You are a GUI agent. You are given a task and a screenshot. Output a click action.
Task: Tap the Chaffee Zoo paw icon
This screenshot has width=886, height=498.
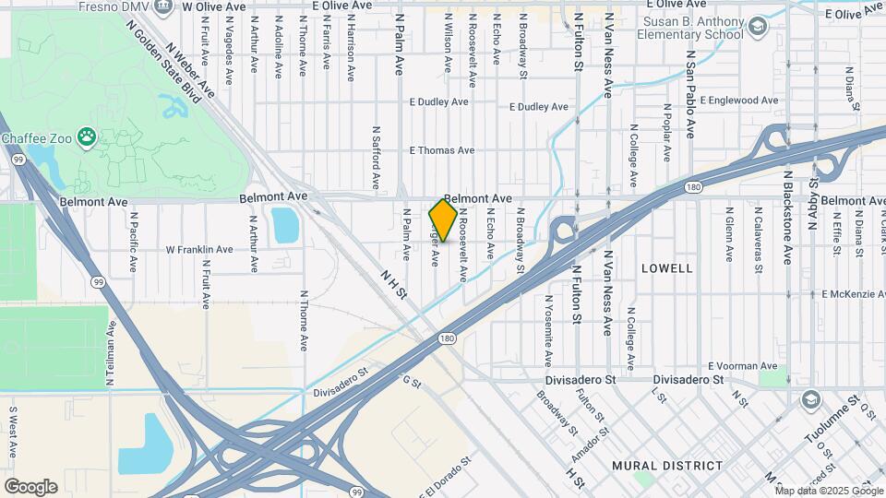[x=86, y=137]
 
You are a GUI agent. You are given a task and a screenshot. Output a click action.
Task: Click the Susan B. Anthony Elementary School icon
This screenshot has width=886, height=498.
[x=758, y=26]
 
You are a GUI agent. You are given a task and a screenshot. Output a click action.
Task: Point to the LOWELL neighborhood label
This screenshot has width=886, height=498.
[x=666, y=268]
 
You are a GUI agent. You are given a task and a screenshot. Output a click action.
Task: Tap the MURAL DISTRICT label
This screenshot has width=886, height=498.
[x=666, y=465]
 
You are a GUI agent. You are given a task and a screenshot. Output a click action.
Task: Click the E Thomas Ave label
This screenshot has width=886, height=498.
[x=441, y=150]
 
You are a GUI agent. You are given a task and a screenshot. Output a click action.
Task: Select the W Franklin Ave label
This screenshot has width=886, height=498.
[x=198, y=250]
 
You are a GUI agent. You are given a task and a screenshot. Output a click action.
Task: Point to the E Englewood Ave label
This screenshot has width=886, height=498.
[x=739, y=100]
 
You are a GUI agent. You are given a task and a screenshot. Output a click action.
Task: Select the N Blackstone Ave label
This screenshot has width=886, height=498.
[x=787, y=214]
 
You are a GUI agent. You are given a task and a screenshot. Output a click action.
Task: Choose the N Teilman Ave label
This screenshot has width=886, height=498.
[x=111, y=352]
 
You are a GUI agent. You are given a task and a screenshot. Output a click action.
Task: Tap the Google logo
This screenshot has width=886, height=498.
[x=30, y=486]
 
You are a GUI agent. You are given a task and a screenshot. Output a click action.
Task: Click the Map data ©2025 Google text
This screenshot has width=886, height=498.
[x=830, y=490]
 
